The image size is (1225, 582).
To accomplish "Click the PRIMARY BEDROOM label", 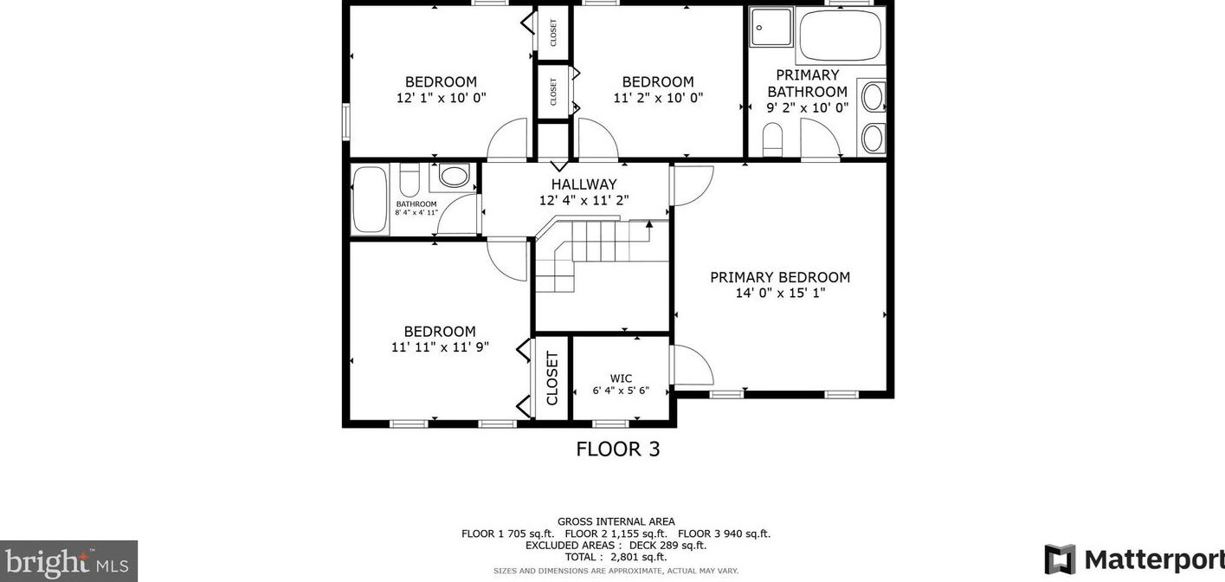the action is pyautogui.click(x=780, y=277).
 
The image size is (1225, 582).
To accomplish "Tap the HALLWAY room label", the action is pyautogui.click(x=583, y=184).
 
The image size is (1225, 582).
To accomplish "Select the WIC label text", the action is pyautogui.click(x=621, y=378).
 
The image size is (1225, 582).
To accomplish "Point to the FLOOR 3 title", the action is pyautogui.click(x=618, y=449).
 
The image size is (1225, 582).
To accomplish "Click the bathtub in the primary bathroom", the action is pyautogui.click(x=840, y=35).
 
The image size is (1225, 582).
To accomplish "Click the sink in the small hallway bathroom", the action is pyautogui.click(x=454, y=176).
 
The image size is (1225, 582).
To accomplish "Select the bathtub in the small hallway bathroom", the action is pyautogui.click(x=371, y=200).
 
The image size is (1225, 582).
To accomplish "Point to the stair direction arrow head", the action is pyautogui.click(x=649, y=223).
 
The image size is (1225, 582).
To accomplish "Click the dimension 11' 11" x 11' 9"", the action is pyautogui.click(x=440, y=346).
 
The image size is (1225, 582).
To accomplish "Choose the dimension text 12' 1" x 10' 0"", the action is pyautogui.click(x=441, y=98).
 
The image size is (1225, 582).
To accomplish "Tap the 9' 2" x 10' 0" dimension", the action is pyautogui.click(x=807, y=107).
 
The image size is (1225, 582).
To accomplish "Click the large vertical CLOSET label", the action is pyautogui.click(x=551, y=378).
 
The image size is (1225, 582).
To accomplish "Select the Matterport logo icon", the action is pyautogui.click(x=1060, y=559).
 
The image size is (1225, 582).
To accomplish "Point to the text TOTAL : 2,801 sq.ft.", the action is pyautogui.click(x=616, y=558).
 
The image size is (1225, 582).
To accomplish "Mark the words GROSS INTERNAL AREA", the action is pyautogui.click(x=616, y=522).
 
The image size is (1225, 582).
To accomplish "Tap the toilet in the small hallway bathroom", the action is pyautogui.click(x=409, y=179).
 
